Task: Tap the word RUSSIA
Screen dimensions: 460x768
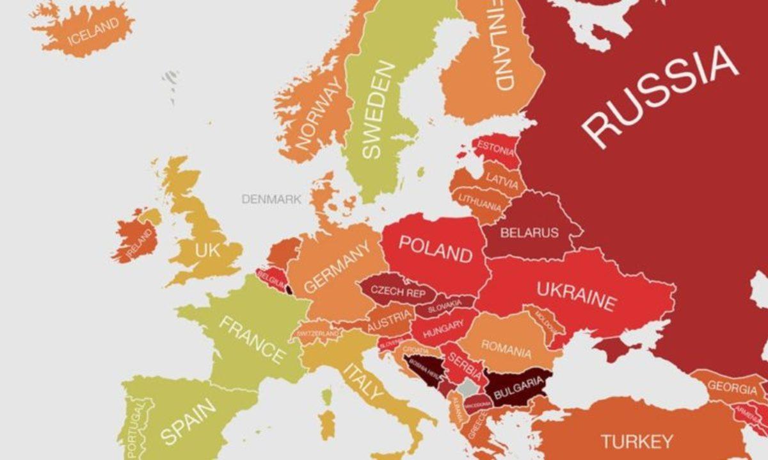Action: point(659,96)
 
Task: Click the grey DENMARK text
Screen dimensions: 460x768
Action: point(271,199)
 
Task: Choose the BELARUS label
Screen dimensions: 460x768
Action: point(529,233)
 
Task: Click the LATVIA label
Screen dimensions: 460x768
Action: point(502,181)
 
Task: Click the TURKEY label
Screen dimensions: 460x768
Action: point(637,441)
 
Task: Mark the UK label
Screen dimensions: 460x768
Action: point(207,250)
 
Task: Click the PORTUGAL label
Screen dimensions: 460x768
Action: point(136,431)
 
